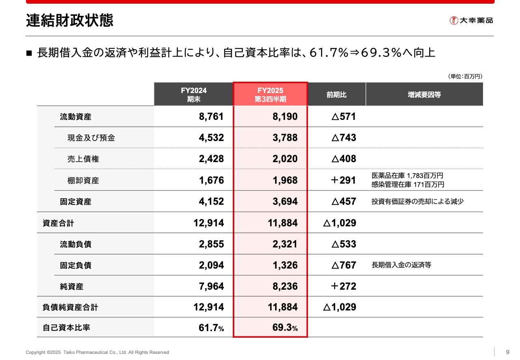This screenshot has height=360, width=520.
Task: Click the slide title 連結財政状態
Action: point(69,20)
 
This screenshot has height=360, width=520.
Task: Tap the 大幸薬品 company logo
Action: point(471,20)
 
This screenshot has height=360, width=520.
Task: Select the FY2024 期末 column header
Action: point(194,94)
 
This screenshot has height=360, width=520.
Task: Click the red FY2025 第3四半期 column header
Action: point(270,94)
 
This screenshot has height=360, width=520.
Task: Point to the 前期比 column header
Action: point(336,95)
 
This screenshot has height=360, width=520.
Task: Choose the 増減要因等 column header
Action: point(424,95)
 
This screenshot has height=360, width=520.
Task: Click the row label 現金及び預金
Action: point(91,138)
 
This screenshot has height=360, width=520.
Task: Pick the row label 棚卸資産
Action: point(83,180)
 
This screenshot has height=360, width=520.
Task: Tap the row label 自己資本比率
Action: point(66,327)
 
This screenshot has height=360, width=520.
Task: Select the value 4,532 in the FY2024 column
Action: point(211,138)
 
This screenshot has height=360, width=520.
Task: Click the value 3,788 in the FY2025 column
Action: point(285,138)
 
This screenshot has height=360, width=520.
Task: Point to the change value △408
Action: point(343,159)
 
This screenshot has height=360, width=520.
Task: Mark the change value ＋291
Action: point(343,180)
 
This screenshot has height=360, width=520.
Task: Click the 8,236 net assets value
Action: point(285,286)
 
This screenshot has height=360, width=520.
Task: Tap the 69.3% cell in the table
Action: point(285,328)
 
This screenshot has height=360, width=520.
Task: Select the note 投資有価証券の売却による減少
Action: point(418,202)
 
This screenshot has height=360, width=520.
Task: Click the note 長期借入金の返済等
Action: point(401,265)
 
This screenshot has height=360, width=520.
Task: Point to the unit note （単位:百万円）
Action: point(465,76)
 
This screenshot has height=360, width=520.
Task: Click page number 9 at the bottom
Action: point(507,352)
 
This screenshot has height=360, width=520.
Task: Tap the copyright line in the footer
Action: point(97,352)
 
